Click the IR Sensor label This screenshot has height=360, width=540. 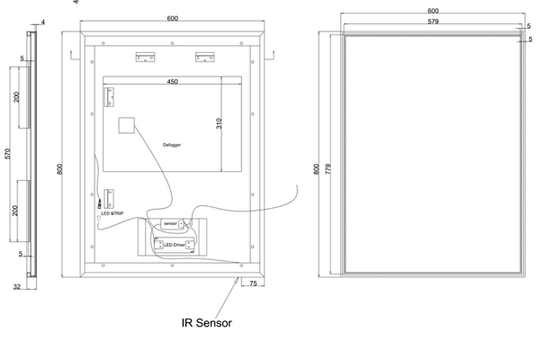206,322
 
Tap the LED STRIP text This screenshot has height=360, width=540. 112,213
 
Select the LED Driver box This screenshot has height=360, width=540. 173,244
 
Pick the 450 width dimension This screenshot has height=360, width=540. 172,82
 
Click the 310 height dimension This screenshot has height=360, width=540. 219,123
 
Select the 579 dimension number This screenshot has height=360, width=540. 433,20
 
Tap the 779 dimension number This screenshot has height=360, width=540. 328,168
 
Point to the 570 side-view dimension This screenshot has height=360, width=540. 8,154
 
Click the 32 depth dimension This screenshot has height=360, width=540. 17,288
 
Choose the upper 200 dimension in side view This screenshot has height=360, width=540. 16,97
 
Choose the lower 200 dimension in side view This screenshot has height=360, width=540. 16,211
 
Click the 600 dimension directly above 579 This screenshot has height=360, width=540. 433,11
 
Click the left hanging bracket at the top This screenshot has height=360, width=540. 145,57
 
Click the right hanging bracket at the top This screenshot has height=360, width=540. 204,57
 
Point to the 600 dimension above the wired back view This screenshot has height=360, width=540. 172,19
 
